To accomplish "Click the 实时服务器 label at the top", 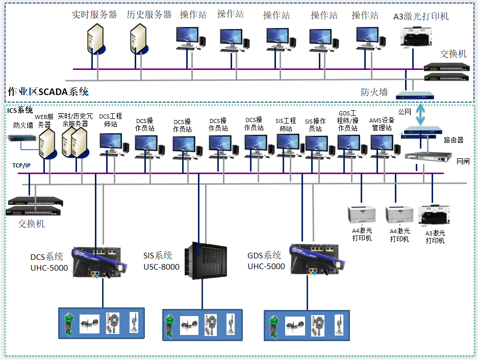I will [x=94, y=15].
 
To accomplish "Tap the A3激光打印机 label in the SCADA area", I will [x=421, y=16].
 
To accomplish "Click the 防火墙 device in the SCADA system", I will [x=414, y=94].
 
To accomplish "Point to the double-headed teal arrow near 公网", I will [x=420, y=114].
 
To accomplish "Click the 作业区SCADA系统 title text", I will [x=48, y=92].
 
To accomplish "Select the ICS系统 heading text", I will [x=20, y=110].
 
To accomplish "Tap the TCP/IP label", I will [x=21, y=165].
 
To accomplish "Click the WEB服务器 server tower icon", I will [x=47, y=143].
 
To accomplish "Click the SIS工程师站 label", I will [x=286, y=125].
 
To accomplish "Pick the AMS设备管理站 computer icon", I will [x=382, y=146].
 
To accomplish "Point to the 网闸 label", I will [x=463, y=161].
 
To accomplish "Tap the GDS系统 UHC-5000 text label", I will [x=266, y=260].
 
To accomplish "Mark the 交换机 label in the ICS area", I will [x=31, y=224].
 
